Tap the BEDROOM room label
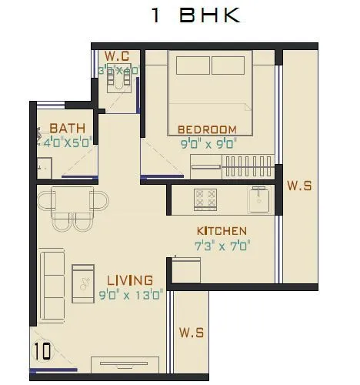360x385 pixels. coord(206,129)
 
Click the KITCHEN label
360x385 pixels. coord(222,231)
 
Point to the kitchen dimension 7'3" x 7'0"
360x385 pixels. coord(223,246)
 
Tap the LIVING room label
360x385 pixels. coord(129,280)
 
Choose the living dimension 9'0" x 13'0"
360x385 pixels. coord(129,293)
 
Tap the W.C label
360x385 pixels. coord(117,56)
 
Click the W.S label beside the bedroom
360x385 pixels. coord(298,186)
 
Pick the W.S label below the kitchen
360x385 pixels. coord(192,333)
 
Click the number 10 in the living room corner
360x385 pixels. coord(42,351)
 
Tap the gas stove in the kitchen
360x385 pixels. coord(205,199)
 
